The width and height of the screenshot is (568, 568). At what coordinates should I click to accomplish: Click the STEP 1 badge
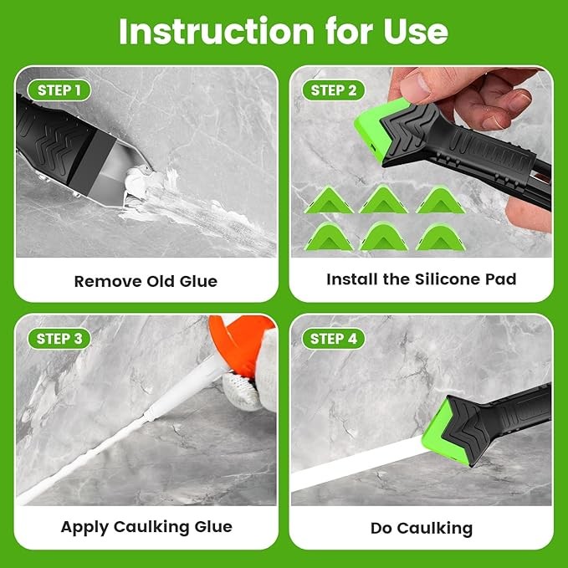point(59,90)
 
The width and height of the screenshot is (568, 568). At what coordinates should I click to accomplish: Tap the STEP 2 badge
point(333,90)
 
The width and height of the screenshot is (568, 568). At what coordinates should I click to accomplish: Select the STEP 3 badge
point(59,339)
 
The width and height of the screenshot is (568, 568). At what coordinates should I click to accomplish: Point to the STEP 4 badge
point(333,339)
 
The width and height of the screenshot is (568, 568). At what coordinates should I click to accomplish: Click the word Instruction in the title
point(217,32)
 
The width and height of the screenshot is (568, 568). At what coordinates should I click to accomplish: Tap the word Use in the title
point(416,32)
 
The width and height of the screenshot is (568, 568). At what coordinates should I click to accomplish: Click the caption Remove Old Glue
point(146,281)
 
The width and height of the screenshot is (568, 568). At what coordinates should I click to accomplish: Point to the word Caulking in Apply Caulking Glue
point(151,527)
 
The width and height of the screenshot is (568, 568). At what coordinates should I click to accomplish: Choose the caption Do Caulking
point(422,528)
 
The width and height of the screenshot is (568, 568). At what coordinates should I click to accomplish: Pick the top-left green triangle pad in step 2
point(329,201)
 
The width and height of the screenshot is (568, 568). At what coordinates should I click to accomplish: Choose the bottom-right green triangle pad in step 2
point(441,238)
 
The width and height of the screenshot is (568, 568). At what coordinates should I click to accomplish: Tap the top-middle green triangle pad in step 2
point(383,200)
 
